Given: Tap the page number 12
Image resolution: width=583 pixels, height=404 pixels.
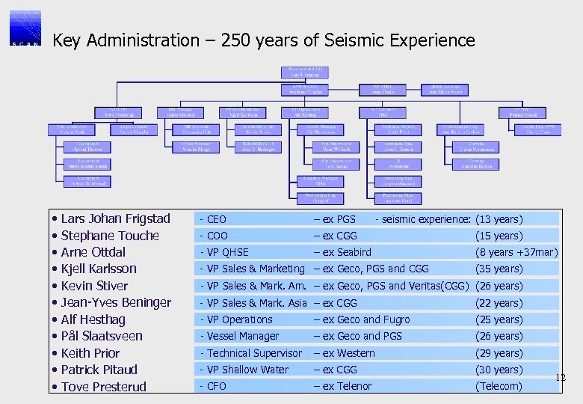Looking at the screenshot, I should pyautogui.click(x=561, y=378).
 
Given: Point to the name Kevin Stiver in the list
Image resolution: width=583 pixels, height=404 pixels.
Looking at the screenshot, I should pyautogui.click(x=94, y=286).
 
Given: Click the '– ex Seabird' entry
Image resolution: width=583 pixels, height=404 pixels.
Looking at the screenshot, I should pyautogui.click(x=342, y=252).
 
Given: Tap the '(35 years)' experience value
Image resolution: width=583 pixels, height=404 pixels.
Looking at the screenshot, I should pyautogui.click(x=499, y=269).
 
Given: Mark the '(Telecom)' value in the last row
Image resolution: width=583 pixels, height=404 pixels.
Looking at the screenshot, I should pyautogui.click(x=499, y=386).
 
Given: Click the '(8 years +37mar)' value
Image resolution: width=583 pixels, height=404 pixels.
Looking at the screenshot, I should pyautogui.click(x=516, y=252).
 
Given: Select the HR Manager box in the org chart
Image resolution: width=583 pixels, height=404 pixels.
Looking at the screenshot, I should pyautogui.click(x=181, y=111).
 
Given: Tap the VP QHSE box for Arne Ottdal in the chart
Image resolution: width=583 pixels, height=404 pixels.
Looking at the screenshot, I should pyautogui.click(x=392, y=89).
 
